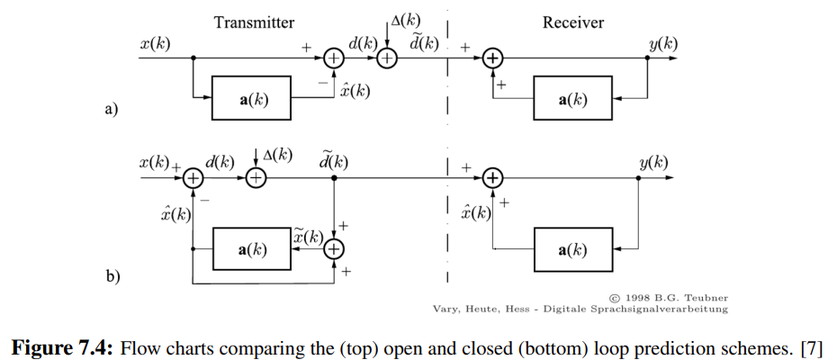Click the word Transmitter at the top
255,22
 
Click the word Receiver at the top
573,22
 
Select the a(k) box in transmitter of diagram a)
252,99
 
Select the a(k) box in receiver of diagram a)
573,99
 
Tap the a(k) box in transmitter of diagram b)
252,249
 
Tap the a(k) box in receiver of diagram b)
573,249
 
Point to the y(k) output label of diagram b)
653,163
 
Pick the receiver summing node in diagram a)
491,59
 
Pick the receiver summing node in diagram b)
491,178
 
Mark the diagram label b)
112,276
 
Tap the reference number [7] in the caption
810,346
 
